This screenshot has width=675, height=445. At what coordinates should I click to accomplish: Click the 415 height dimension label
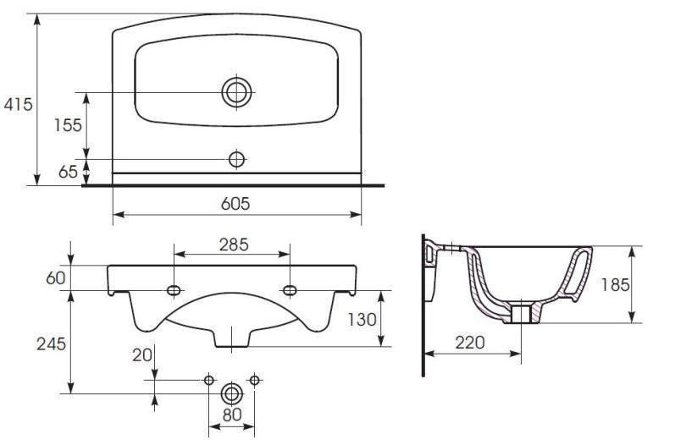18,104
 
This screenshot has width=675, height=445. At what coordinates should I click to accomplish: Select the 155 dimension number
68,125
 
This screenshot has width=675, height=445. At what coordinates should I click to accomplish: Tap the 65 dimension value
68,172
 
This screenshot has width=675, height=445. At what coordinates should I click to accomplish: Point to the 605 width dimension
235,203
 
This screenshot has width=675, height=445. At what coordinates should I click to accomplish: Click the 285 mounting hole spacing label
234,244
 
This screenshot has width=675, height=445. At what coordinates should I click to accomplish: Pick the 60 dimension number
56,277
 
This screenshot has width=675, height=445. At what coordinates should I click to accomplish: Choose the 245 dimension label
51,343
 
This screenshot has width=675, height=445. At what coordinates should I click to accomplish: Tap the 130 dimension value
362,320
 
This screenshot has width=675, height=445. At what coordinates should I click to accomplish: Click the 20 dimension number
142,354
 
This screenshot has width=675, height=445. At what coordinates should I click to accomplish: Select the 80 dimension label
232,415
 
